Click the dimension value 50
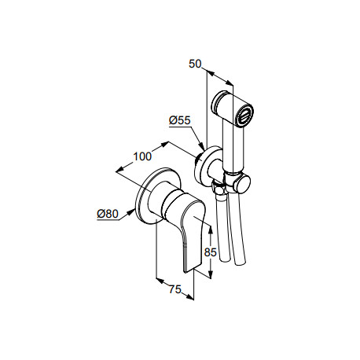195,64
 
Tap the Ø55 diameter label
180,120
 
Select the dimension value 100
142,156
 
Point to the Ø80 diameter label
108,214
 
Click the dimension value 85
211,252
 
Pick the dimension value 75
174,289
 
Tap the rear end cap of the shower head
219,101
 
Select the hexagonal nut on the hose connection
218,188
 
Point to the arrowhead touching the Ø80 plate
131,212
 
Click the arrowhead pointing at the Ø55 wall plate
201,146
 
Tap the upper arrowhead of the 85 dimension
210,230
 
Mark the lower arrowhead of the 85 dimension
210,274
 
